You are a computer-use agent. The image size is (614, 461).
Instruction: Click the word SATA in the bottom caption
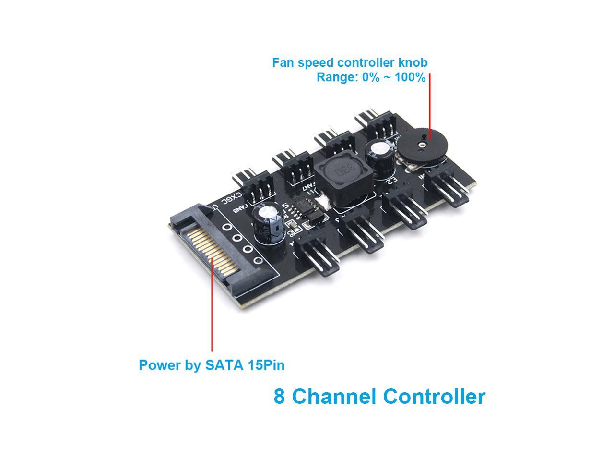click(225, 365)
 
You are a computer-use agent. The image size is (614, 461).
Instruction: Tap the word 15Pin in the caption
click(266, 365)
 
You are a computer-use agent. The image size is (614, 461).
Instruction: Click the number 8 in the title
click(279, 397)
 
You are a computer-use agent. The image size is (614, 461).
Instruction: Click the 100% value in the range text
click(410, 77)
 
